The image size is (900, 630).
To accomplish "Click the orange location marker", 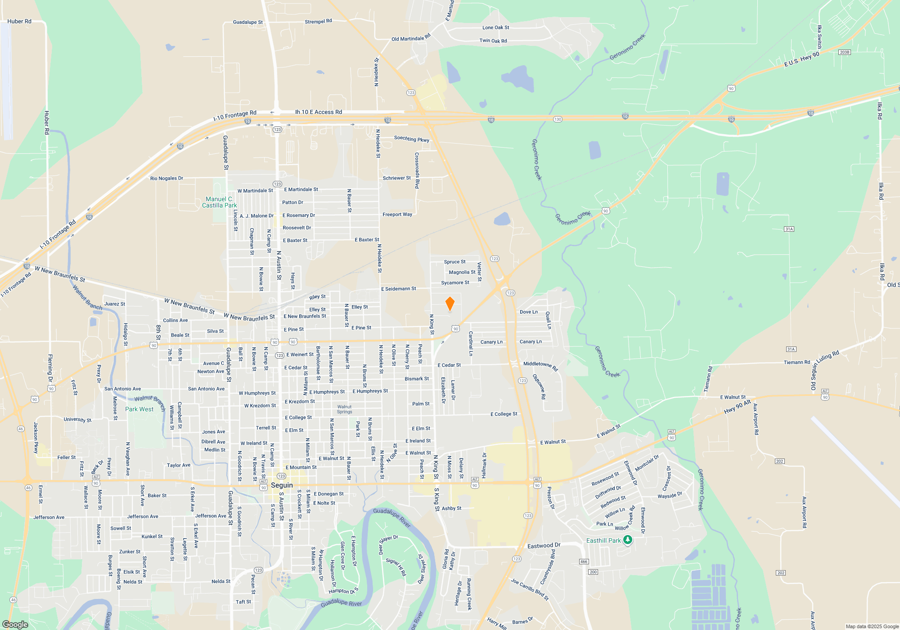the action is tap(450, 304).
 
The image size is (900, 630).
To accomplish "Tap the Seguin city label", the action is tap(282, 485).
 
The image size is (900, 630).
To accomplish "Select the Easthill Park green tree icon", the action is tap(627, 540).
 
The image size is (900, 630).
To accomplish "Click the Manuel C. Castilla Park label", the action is tap(219, 202).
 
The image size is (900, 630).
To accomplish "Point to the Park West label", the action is tap(139, 409).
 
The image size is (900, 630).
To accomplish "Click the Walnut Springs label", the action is tap(345, 409).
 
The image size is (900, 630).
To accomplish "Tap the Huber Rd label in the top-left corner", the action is tap(19, 21).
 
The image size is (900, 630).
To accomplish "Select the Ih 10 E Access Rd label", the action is tap(318, 112).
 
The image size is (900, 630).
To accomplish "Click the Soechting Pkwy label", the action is tap(411, 139).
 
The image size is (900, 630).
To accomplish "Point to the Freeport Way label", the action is tap(397, 214).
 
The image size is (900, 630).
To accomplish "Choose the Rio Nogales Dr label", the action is tap(166, 178).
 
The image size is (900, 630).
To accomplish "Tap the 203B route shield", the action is tap(844, 52).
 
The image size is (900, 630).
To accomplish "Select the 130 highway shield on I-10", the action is tap(558, 119).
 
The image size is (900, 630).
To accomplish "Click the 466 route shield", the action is tap(584, 561).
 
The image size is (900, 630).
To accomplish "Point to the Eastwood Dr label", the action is tap(544, 545).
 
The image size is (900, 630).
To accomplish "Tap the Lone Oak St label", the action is tap(495, 27).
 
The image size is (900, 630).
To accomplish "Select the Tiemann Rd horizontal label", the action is tap(796, 362).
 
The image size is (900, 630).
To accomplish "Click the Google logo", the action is tap(15, 624).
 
